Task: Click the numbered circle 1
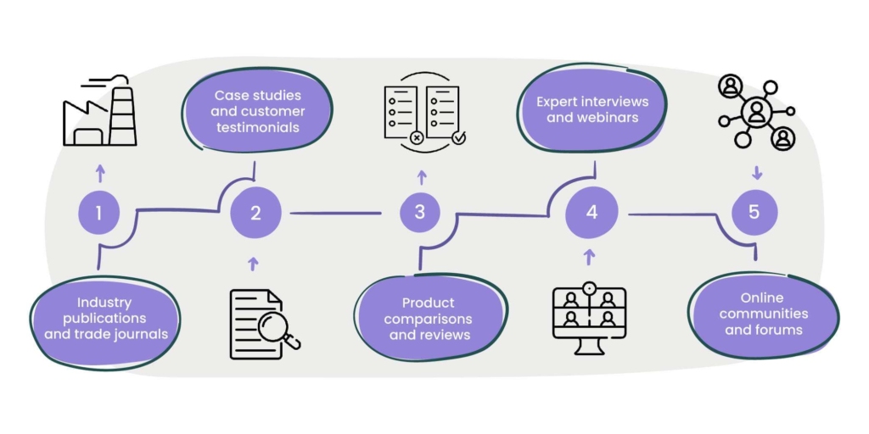[x=99, y=213]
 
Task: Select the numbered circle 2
[x=255, y=213]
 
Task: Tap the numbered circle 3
[x=420, y=212]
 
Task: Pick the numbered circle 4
[x=591, y=212]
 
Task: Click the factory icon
[x=100, y=112]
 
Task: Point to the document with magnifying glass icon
[x=264, y=324]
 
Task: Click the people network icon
[x=755, y=113]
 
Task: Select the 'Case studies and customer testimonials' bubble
[x=257, y=111]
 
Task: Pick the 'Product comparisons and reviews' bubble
[x=429, y=319]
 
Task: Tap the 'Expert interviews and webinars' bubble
[x=592, y=109]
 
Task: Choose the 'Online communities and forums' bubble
[x=763, y=314]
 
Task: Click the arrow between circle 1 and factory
[x=100, y=173]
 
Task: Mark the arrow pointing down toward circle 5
[x=756, y=173]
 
